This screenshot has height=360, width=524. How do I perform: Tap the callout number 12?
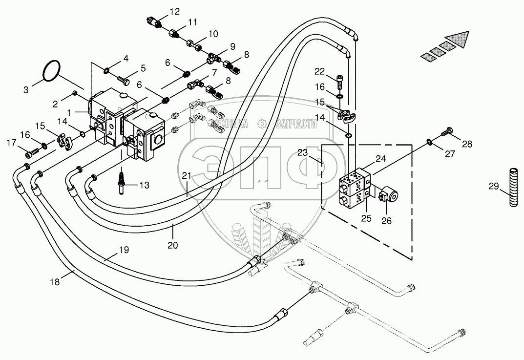pos(174,12)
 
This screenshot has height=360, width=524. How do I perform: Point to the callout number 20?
pos(173,245)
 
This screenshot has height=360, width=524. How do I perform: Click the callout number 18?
pos(55,282)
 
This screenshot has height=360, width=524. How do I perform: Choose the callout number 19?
pos(124,250)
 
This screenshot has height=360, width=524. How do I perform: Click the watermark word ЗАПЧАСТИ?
pos(296,125)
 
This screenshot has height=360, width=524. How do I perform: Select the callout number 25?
pos(367,218)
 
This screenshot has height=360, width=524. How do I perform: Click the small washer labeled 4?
pos(106,70)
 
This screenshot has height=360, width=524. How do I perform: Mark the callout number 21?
pos(187,175)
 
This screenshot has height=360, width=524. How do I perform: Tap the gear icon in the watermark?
pos(262,124)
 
